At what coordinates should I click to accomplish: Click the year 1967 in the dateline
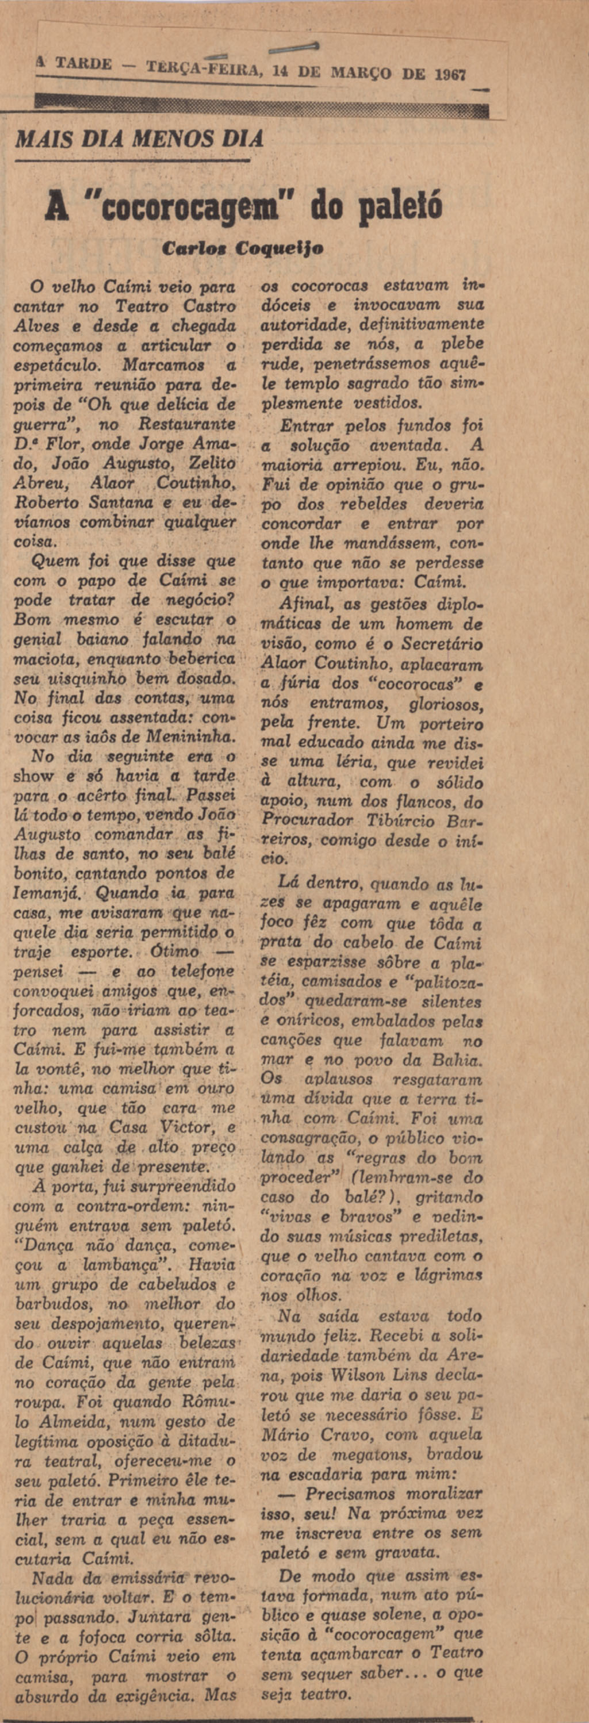click(450, 74)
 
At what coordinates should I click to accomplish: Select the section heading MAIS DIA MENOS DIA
click(139, 139)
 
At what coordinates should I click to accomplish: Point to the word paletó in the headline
click(401, 208)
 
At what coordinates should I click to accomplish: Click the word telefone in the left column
click(201, 971)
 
